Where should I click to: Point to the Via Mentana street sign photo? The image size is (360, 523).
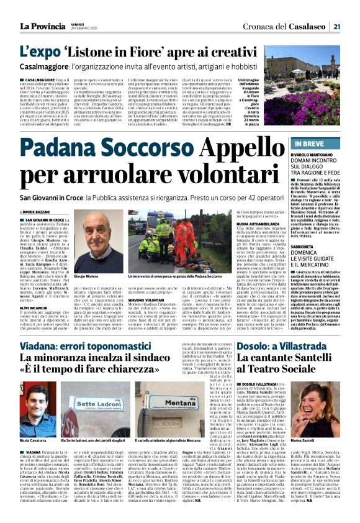coord(161,409)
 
